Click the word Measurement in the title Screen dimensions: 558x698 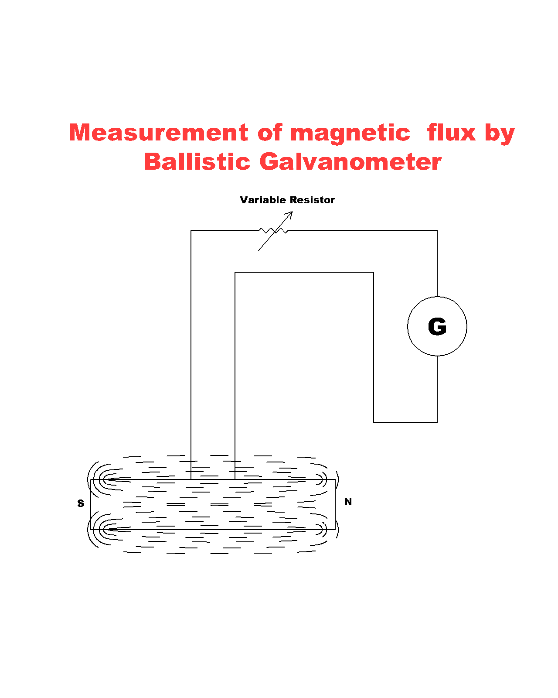tap(159, 133)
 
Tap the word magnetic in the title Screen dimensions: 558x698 tap(350, 133)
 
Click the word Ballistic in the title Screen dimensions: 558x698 tap(197, 162)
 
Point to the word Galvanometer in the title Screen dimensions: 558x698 tap(350, 162)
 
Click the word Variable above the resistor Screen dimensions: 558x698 tap(263, 200)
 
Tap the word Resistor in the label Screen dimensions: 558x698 tap(312, 200)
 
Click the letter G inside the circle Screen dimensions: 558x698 tap(437, 327)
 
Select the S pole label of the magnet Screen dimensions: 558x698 tap(81, 503)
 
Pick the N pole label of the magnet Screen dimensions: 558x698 tap(348, 502)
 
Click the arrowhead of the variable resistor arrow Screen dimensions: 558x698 tap(290, 213)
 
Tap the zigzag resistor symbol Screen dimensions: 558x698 tap(274, 230)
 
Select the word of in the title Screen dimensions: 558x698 tap(270, 133)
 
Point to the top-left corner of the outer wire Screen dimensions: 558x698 tap(191, 230)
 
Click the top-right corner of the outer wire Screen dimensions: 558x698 tap(437, 230)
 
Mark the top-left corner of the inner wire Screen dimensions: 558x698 tap(235, 273)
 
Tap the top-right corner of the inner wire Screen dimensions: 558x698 tap(374, 273)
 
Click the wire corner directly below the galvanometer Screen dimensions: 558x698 tap(437, 422)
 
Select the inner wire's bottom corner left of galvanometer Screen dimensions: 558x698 tap(374, 422)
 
